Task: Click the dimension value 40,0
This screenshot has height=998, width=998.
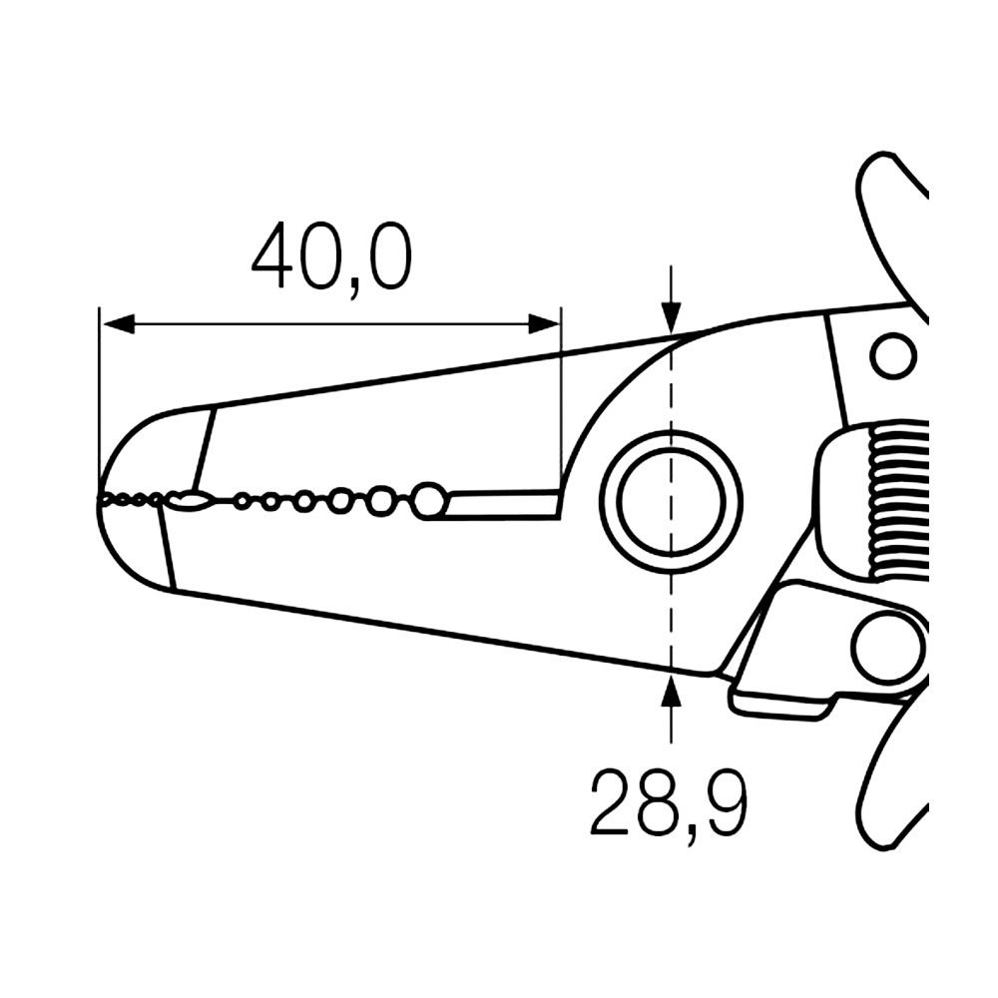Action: (x=330, y=257)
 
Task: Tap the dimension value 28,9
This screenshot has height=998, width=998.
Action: (x=668, y=803)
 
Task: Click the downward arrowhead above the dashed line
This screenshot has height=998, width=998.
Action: (x=672, y=317)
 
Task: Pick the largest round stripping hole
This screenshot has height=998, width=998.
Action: (x=428, y=499)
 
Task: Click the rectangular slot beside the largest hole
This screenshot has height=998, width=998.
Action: (x=499, y=503)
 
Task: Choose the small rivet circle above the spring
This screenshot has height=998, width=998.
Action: (x=892, y=354)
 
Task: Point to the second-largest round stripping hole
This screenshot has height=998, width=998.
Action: (x=380, y=500)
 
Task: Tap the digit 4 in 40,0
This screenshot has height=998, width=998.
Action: (x=273, y=257)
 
